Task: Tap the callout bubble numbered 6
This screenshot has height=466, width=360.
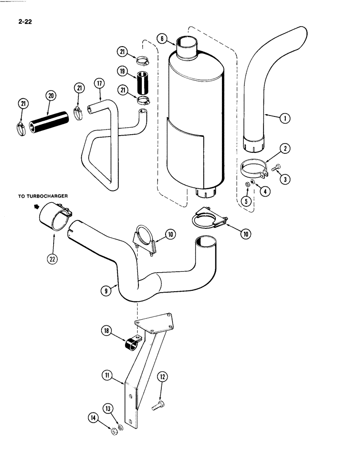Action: point(161,39)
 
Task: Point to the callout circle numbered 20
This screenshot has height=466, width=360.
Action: point(51,96)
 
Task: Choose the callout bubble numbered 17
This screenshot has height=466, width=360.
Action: point(98,84)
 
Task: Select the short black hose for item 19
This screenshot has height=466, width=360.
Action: point(141,83)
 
